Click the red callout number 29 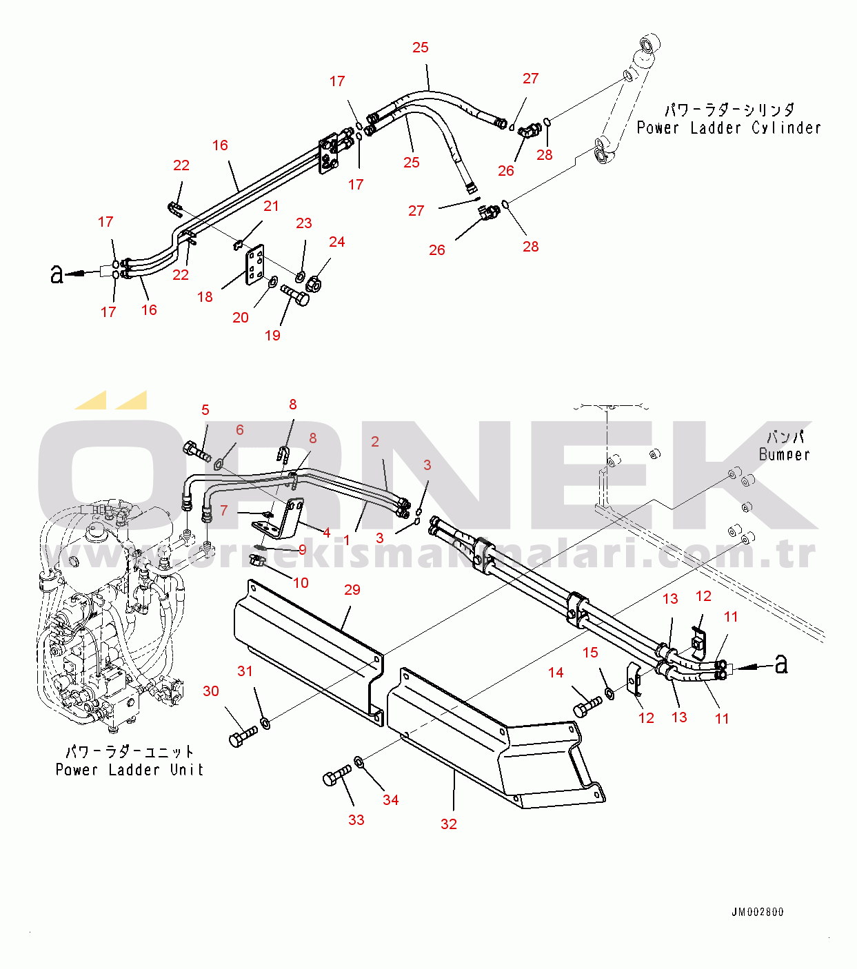coord(352,590)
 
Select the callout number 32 coord(449,824)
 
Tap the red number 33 coord(356,820)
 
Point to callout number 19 coord(272,336)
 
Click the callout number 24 coord(336,242)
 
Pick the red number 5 coord(205,410)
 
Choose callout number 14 coord(556,673)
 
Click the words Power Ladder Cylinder coord(729,127)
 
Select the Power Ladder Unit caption coord(130,769)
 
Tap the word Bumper coord(784,454)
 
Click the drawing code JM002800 coord(757,912)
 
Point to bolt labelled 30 coord(242,737)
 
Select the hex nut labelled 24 coord(314,282)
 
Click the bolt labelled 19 coord(295,296)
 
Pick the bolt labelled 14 coord(587,706)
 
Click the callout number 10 coord(301,583)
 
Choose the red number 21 coord(271,206)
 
